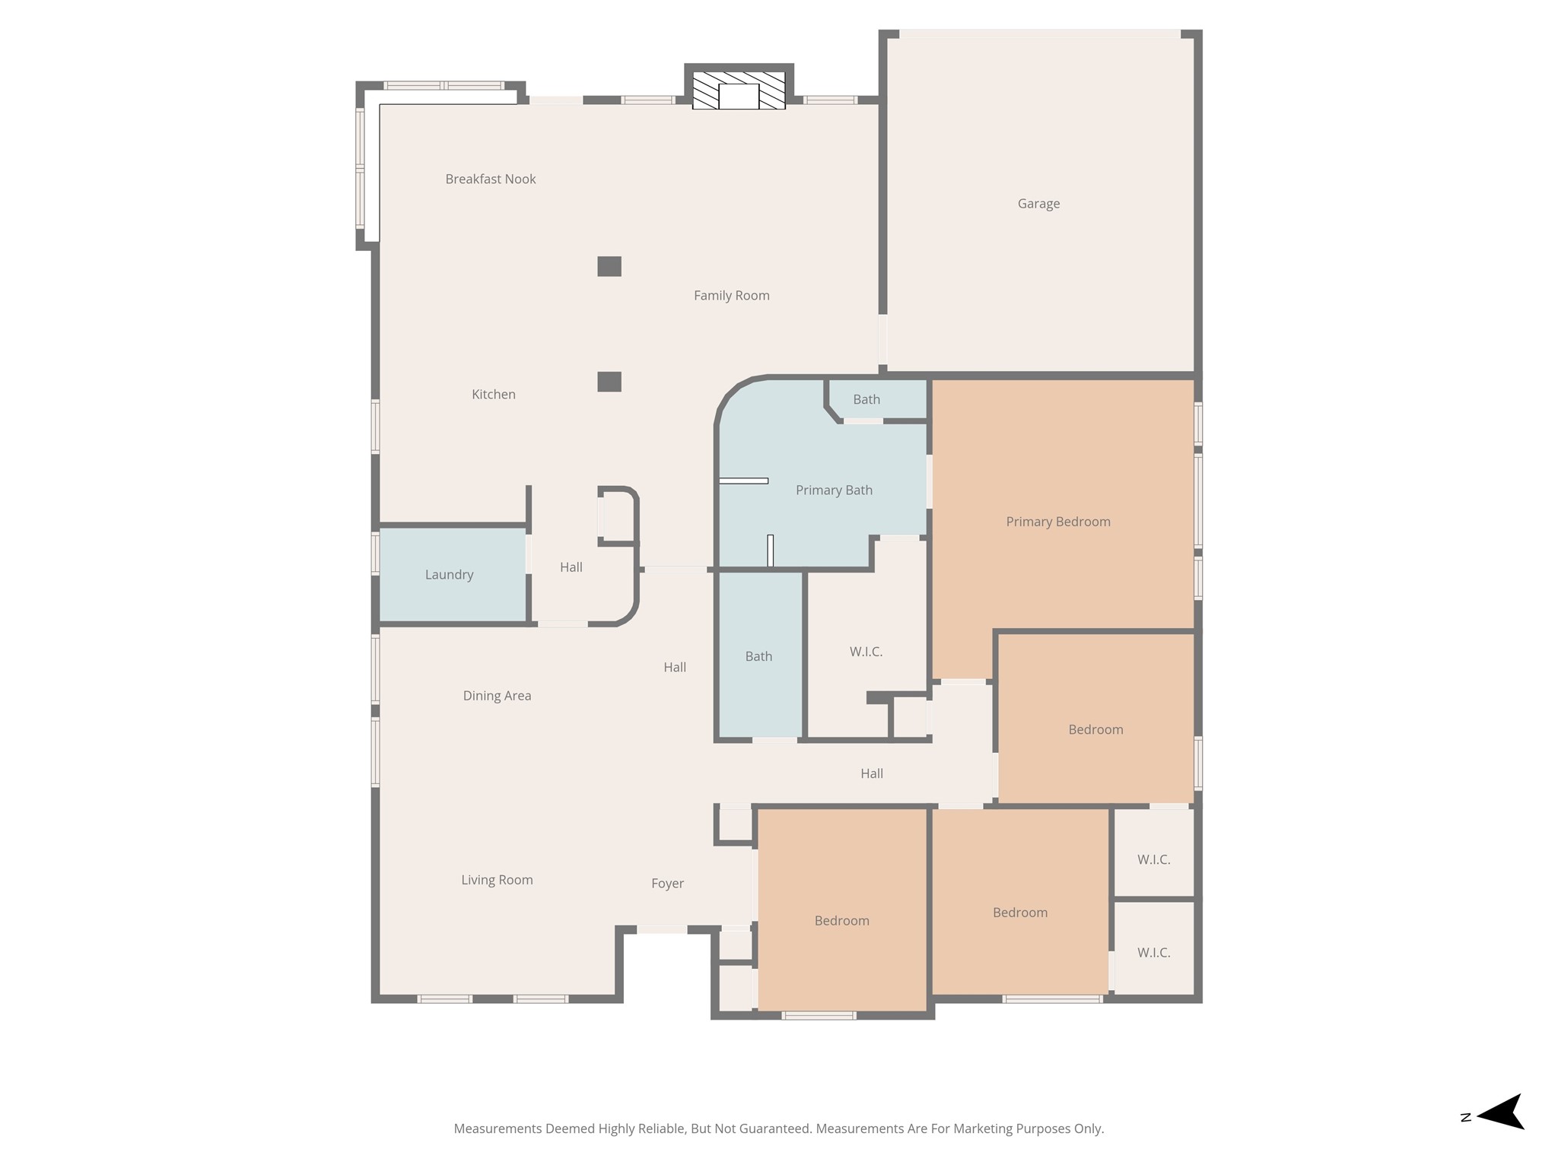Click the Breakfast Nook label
pyautogui.click(x=491, y=179)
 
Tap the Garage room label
pyautogui.click(x=1038, y=204)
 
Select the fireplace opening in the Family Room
pyautogui.click(x=739, y=97)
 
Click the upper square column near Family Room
pyautogui.click(x=609, y=266)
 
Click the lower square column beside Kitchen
pyautogui.click(x=609, y=382)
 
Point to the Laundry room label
pyautogui.click(x=449, y=575)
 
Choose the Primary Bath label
pyautogui.click(x=834, y=490)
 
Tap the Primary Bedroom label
pyautogui.click(x=1057, y=522)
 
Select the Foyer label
pyautogui.click(x=667, y=884)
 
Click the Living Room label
pyautogui.click(x=497, y=880)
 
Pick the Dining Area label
pyautogui.click(x=497, y=696)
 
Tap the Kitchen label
pyautogui.click(x=493, y=395)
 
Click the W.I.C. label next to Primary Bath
pyautogui.click(x=866, y=652)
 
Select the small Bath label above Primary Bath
pyautogui.click(x=866, y=399)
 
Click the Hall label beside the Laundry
pyautogui.click(x=571, y=567)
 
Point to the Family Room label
pyautogui.click(x=731, y=296)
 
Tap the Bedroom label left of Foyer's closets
pyautogui.click(x=841, y=921)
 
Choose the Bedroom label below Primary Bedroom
pyautogui.click(x=1095, y=730)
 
